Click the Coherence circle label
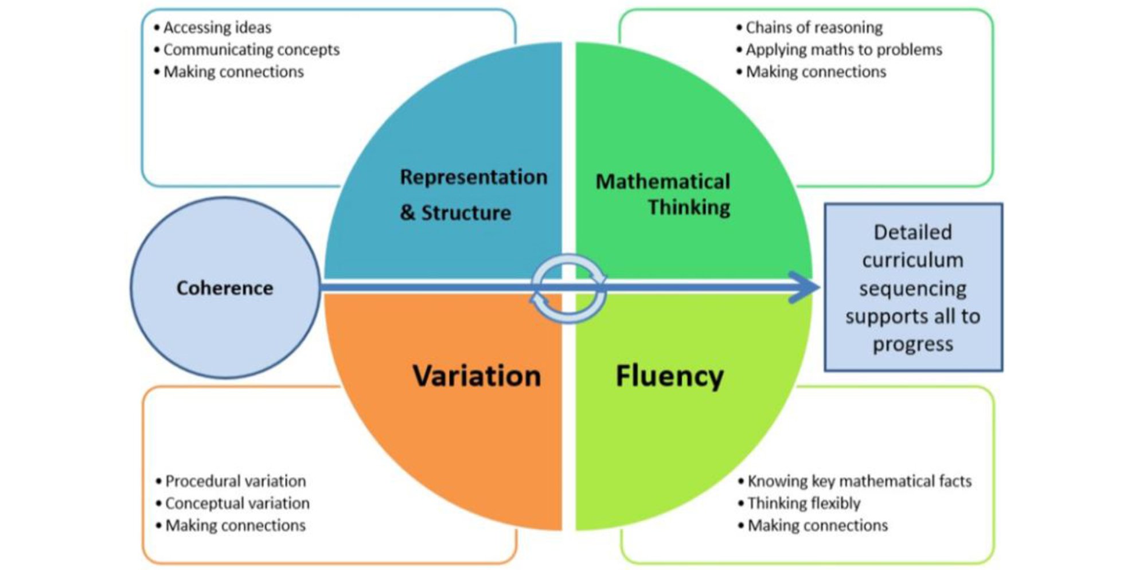tap(225, 288)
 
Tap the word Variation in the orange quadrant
tap(477, 376)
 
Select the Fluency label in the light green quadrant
tap(669, 376)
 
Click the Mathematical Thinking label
tap(664, 194)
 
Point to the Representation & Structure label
tap(473, 194)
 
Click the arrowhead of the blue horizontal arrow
tap(806, 287)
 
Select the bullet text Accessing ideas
tap(217, 28)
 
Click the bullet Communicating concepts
tap(251, 50)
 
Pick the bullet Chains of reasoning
tap(814, 28)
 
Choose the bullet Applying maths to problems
tap(844, 50)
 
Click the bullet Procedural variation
tap(235, 481)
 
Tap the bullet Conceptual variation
tap(237, 503)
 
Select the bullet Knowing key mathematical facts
tap(859, 481)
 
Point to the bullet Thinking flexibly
tap(803, 503)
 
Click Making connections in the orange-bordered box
tap(235, 526)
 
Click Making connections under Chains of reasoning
tap(816, 72)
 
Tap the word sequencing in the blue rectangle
tap(912, 288)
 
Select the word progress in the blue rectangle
tap(913, 345)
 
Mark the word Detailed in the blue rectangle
tap(912, 232)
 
